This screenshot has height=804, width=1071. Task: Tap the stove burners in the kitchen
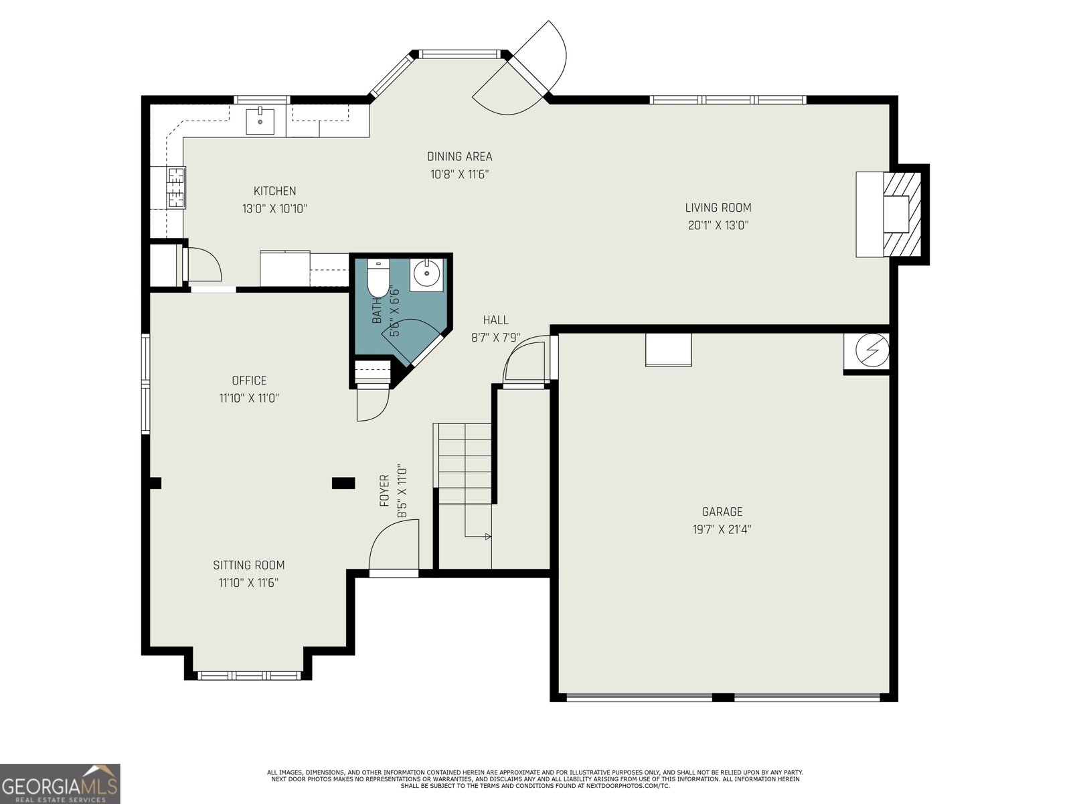(176, 187)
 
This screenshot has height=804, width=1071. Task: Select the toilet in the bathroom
(378, 277)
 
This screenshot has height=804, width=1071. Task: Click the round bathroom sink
(426, 274)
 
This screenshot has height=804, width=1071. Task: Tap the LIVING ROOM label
(718, 208)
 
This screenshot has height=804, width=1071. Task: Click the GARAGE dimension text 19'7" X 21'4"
(722, 529)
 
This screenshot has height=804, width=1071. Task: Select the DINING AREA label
(459, 157)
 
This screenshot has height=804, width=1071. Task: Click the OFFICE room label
(249, 381)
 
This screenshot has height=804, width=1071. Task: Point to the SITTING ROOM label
(249, 565)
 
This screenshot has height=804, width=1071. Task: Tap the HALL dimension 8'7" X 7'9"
(495, 338)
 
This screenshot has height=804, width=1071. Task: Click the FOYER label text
(385, 490)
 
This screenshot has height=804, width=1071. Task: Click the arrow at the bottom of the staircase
(487, 536)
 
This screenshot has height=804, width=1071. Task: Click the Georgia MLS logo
(60, 783)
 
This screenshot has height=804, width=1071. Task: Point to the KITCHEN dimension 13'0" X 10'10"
(274, 209)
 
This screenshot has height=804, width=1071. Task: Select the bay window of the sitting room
(250, 675)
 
